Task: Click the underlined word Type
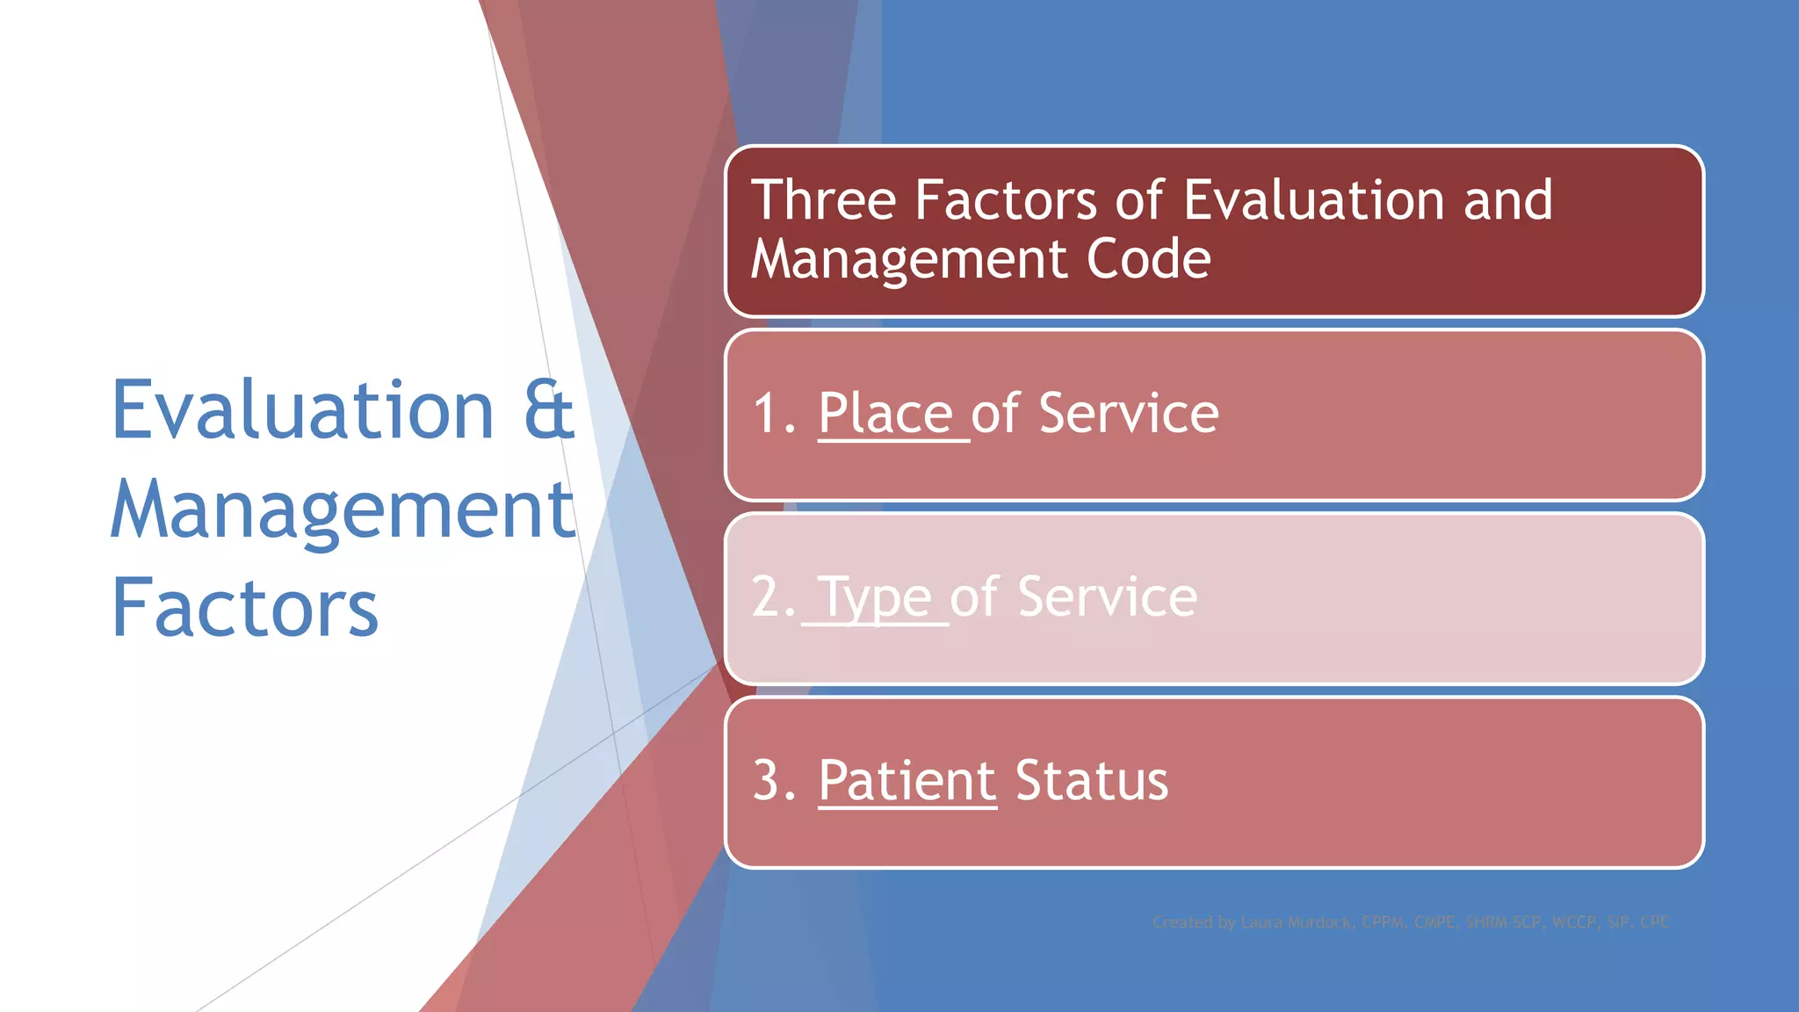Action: [875, 598]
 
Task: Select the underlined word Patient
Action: [907, 780]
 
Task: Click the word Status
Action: [1091, 780]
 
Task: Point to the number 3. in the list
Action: [774, 780]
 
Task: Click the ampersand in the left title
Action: [549, 410]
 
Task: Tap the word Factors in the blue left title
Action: [245, 608]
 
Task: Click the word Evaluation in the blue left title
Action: [303, 410]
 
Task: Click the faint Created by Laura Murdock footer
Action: [1411, 922]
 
